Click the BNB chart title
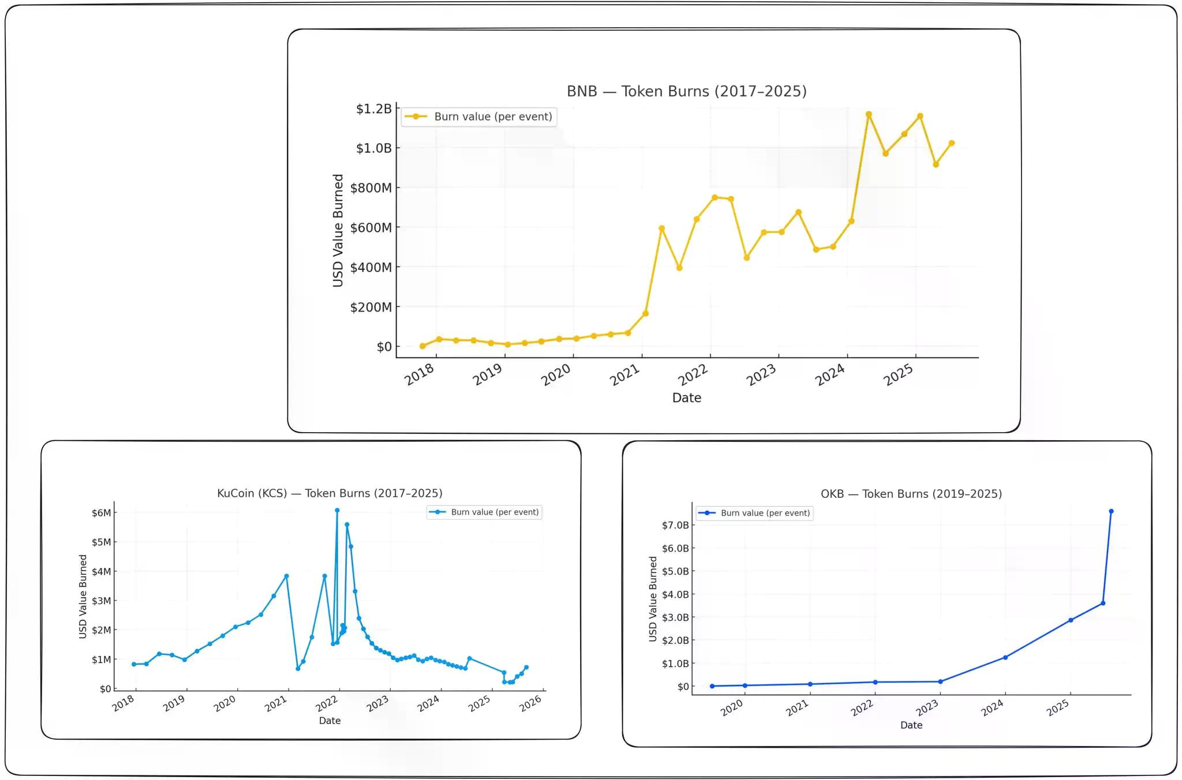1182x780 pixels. click(686, 92)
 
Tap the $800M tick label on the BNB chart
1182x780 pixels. click(371, 188)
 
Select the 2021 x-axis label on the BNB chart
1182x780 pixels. click(624, 376)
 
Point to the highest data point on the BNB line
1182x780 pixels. click(869, 115)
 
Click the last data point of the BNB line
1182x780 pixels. click(952, 143)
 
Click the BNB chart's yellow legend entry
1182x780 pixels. click(479, 117)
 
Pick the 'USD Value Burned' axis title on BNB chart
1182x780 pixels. click(338, 230)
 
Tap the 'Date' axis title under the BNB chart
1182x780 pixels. click(686, 398)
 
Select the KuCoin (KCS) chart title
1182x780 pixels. click(330, 493)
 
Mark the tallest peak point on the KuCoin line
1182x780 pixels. click(337, 511)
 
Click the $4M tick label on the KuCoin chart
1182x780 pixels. click(101, 572)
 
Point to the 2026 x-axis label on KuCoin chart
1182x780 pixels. click(530, 703)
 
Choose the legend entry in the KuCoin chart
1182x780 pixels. click(485, 512)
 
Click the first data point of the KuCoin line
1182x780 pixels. click(134, 665)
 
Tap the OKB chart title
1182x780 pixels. click(911, 494)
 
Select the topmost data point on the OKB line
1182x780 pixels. click(1111, 511)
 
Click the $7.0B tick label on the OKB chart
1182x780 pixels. click(675, 525)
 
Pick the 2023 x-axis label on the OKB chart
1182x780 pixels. click(927, 708)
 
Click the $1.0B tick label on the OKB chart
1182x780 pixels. click(675, 663)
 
